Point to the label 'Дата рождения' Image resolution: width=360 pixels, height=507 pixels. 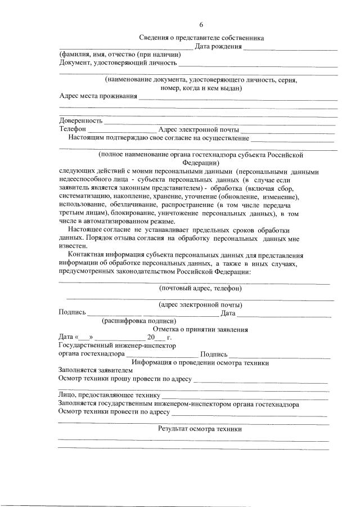[x=218, y=47]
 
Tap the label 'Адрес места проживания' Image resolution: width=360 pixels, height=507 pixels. [x=98, y=96]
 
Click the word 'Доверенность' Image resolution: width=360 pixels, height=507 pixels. [x=81, y=120]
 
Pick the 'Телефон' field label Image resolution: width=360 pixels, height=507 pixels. [x=73, y=129]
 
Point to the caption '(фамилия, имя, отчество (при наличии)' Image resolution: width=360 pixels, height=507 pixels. [x=120, y=55]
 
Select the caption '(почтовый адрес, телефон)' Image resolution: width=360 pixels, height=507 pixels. [x=200, y=289]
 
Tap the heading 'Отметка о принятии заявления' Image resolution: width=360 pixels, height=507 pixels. [x=200, y=329]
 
